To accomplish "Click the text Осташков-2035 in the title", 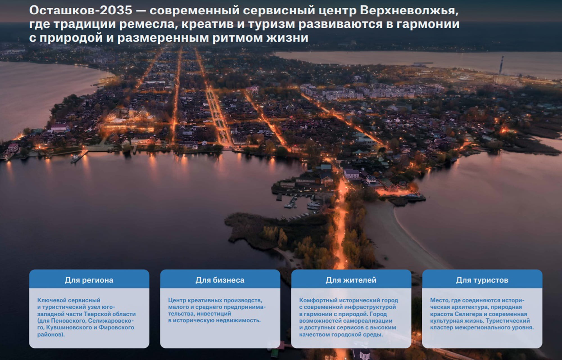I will [81, 10].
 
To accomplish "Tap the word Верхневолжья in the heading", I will [409, 10].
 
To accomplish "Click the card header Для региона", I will [89, 280].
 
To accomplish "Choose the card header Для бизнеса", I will [220, 280].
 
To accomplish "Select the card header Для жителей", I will [351, 280].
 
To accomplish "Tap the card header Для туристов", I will [482, 280].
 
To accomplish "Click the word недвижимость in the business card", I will [241, 320].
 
